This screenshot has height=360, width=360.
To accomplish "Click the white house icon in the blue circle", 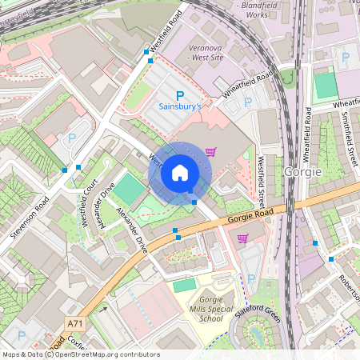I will (x=180, y=173).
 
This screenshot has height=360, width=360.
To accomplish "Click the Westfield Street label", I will (x=261, y=181).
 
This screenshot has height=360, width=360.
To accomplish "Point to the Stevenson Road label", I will (x=30, y=218).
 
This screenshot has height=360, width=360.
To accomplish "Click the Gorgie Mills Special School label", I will (x=210, y=309).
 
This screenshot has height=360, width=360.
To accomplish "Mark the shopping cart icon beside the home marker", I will (x=210, y=151).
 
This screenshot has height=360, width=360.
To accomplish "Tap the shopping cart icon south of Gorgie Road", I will (x=242, y=238).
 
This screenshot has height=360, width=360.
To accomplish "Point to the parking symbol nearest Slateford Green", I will (x=251, y=279).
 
